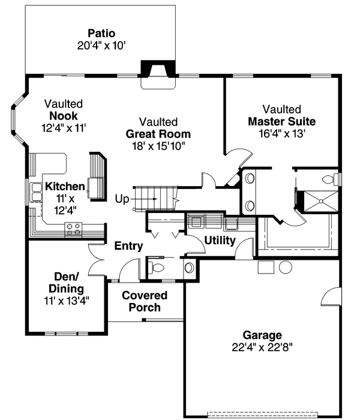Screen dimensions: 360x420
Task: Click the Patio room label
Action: [101, 34]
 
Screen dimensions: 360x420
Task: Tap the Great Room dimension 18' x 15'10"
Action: [158, 146]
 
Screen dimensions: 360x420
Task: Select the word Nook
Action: [64, 116]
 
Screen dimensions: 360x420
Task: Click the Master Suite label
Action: [282, 122]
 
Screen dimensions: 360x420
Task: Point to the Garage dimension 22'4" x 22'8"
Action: [262, 347]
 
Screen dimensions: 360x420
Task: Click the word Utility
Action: [220, 241]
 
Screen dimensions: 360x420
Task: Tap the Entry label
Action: [128, 246]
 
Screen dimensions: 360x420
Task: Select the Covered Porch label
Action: [145, 301]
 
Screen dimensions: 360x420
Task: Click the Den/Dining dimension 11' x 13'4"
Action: [67, 301]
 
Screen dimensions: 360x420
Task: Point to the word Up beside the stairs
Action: [122, 199]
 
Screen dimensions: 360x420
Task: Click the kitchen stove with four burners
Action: [73, 230]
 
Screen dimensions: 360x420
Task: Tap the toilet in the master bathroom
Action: [328, 179]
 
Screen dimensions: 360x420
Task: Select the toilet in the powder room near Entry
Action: [156, 268]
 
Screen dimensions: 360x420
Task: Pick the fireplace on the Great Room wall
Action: [158, 74]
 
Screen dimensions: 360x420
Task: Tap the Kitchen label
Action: [65, 187]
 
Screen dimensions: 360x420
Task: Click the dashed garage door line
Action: [263, 413]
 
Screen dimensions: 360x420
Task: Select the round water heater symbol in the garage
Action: [286, 267]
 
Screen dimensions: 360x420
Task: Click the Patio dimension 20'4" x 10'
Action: [101, 46]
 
